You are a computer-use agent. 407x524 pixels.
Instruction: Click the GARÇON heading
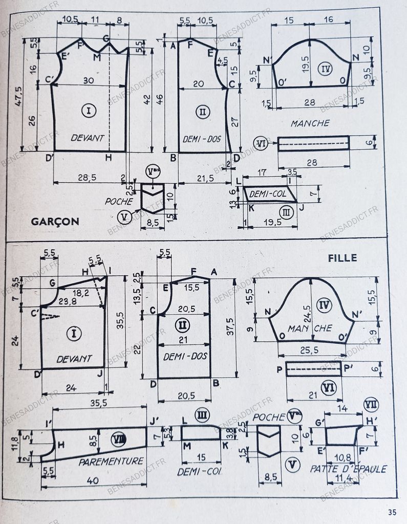pyautogui.click(x=54, y=221)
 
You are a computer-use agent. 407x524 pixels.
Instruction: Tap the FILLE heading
pyautogui.click(x=342, y=258)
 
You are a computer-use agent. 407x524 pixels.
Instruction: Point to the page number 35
pyautogui.click(x=392, y=512)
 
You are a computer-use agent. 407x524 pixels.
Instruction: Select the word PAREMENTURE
pyautogui.click(x=111, y=461)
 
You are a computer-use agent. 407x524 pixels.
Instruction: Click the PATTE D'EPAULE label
pyautogui.click(x=349, y=468)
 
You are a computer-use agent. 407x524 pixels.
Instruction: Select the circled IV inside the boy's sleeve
pyautogui.click(x=325, y=68)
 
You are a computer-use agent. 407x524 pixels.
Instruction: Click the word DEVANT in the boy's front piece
pyautogui.click(x=88, y=138)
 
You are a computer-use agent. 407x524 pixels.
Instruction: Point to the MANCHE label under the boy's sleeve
pyautogui.click(x=310, y=123)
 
